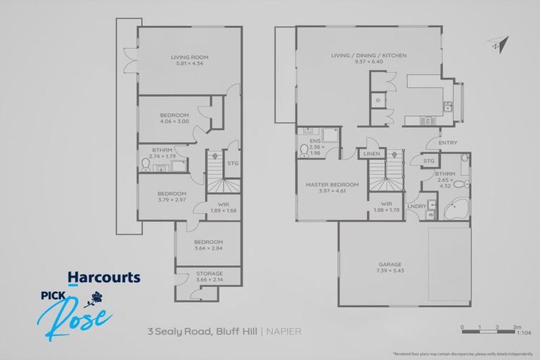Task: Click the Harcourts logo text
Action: (103, 278)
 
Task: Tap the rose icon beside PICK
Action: (92, 302)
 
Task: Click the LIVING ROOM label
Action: (189, 57)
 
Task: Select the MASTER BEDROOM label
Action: (332, 185)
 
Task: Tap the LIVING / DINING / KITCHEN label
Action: (368, 56)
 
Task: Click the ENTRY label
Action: (447, 143)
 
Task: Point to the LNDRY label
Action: (416, 206)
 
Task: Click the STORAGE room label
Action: (209, 274)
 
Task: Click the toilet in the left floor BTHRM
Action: (146, 165)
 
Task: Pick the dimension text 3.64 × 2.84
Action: (209, 248)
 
